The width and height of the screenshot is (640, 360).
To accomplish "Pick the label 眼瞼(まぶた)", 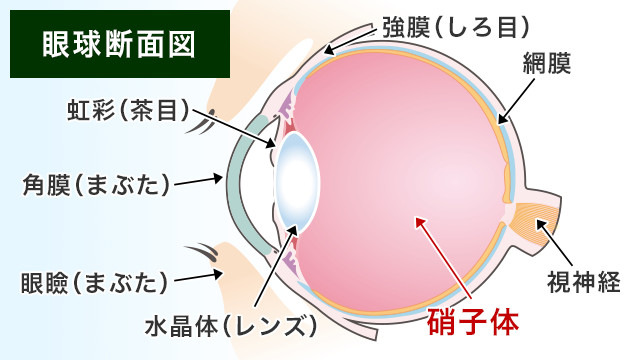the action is [94, 283].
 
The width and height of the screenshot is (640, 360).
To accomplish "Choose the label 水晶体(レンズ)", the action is [230, 326].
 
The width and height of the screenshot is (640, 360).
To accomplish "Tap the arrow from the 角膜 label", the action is [200, 182].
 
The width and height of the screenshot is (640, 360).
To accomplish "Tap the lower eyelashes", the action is [204, 253].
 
